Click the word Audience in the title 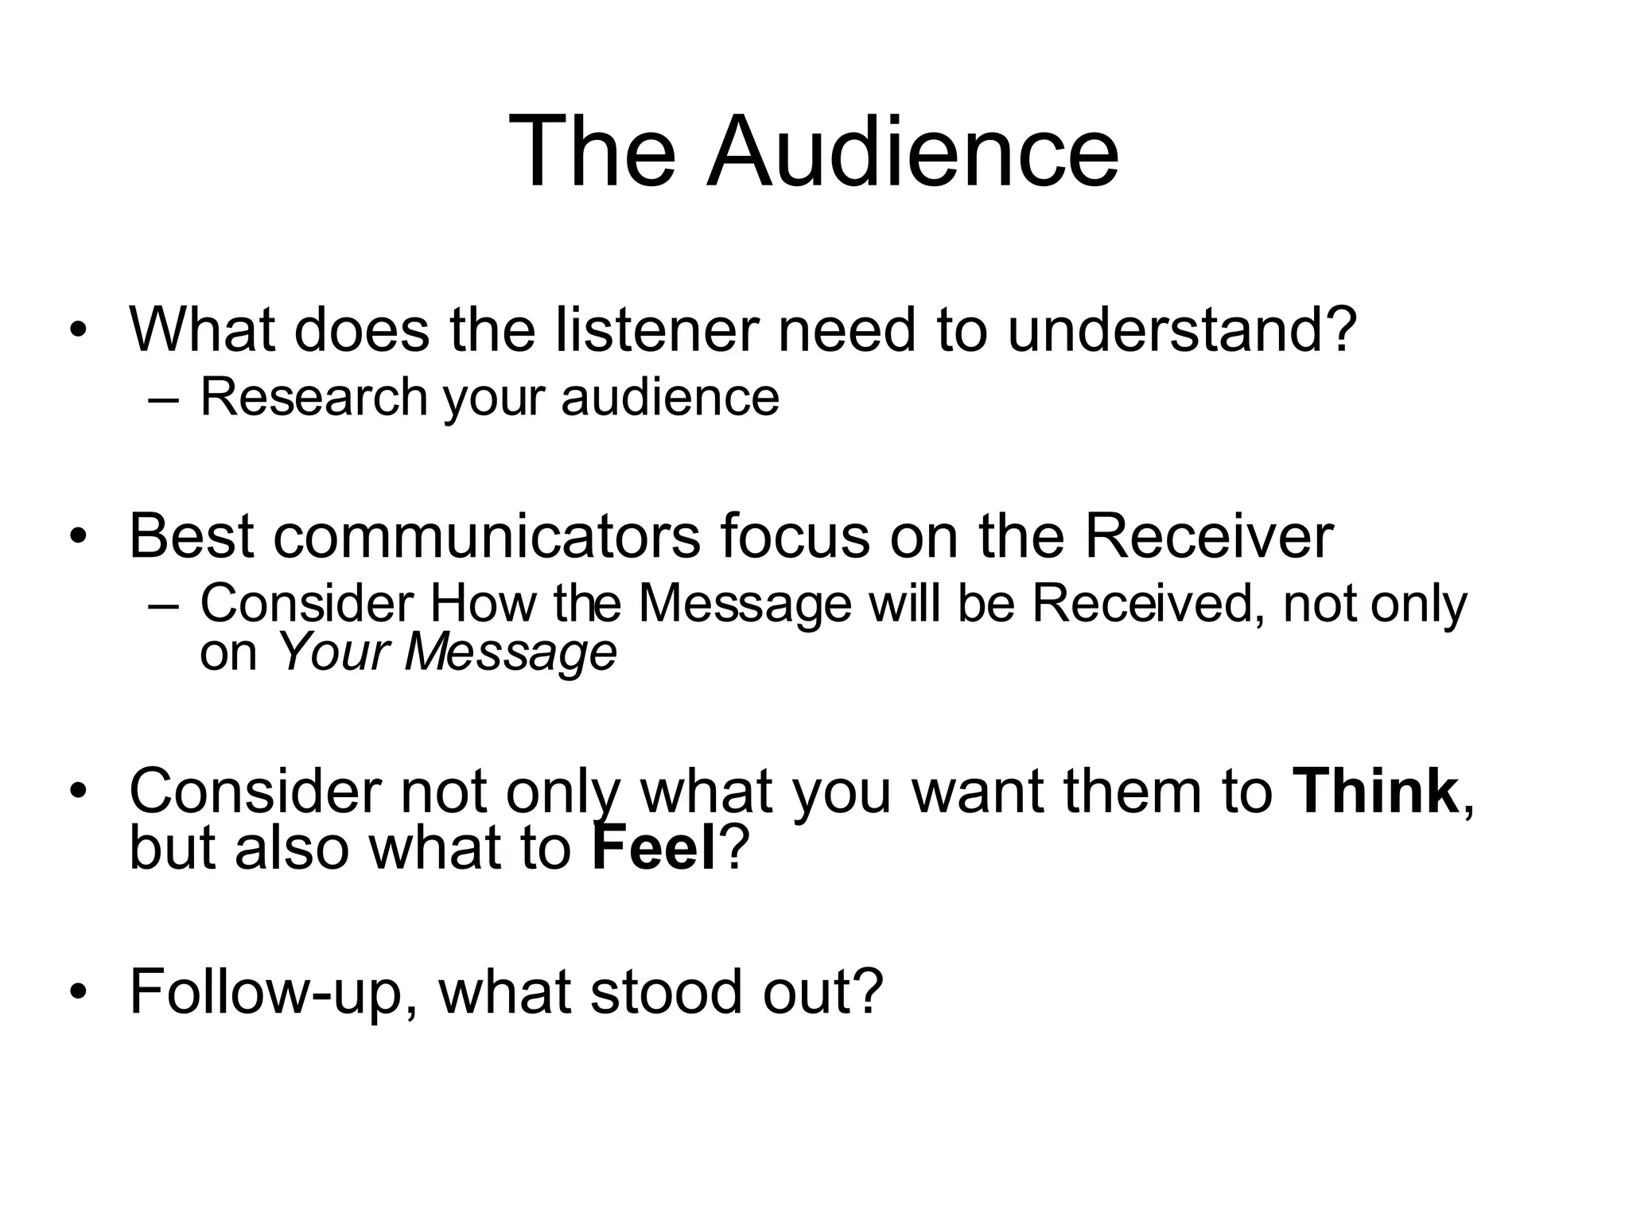pyautogui.click(x=913, y=151)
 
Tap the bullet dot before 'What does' pyautogui.click(x=77, y=331)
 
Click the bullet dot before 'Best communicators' pyautogui.click(x=77, y=538)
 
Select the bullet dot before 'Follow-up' pyautogui.click(x=77, y=993)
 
